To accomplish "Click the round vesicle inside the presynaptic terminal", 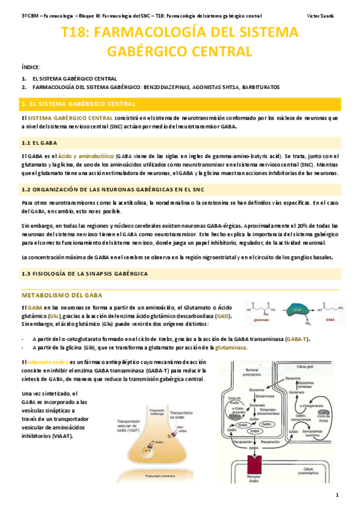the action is point(157,443).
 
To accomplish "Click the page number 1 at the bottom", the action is point(338,495).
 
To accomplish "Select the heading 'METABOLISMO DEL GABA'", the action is point(62,295).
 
